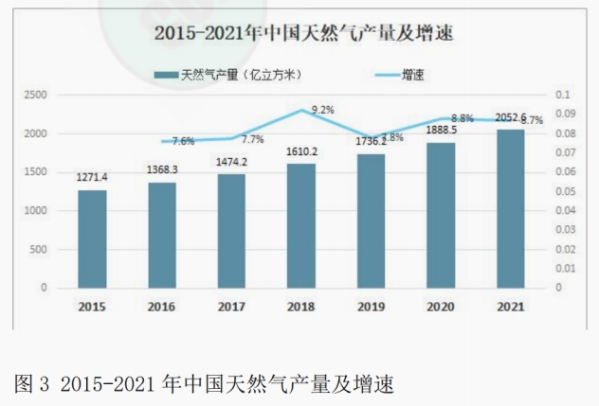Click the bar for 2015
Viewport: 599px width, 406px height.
(x=92, y=238)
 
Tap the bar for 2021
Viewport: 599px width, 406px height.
(x=510, y=208)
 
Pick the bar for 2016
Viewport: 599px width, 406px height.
(x=162, y=235)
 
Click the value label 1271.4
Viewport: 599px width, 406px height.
(x=92, y=177)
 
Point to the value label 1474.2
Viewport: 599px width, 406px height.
(x=231, y=162)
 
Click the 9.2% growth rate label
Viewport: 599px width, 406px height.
(x=323, y=110)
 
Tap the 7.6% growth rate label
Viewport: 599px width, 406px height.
(x=183, y=141)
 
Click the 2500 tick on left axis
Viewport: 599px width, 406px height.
(x=35, y=95)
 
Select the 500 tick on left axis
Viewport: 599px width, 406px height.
(x=40, y=249)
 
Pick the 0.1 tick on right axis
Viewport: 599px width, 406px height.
(x=560, y=95)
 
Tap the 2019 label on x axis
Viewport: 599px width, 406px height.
(x=371, y=307)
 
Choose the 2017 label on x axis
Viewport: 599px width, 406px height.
(x=231, y=307)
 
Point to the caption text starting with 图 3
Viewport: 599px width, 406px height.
(x=204, y=384)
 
